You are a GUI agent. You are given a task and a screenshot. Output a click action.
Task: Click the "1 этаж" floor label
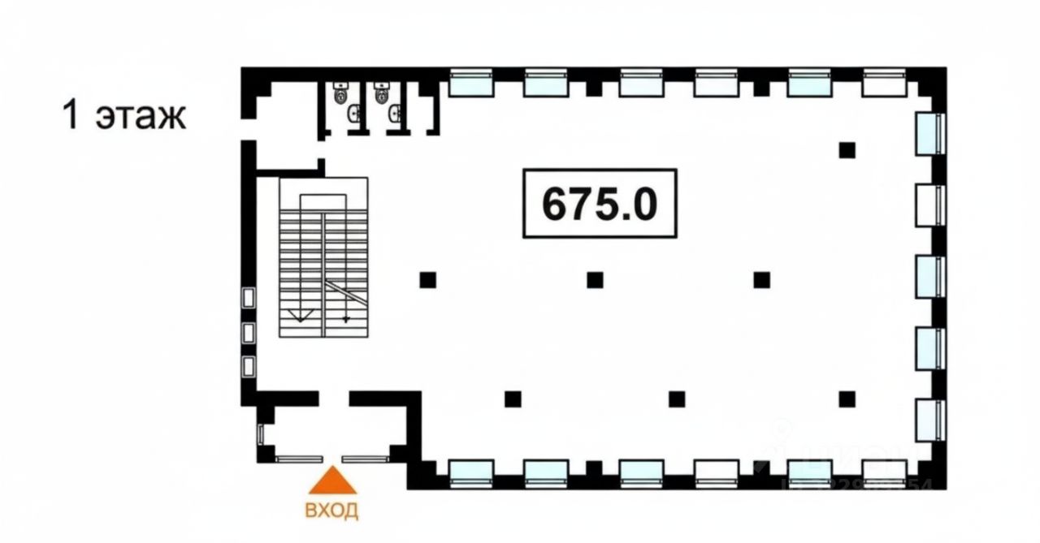click(124, 115)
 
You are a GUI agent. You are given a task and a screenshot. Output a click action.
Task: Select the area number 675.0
click(600, 204)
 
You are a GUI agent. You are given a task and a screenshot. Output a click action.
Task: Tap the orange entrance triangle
click(332, 481)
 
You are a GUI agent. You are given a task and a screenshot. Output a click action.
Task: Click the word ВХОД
click(331, 511)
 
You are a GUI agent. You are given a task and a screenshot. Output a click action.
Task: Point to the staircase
click(323, 257)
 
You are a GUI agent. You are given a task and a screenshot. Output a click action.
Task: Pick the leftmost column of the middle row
click(428, 280)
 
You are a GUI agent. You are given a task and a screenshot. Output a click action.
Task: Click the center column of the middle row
click(595, 280)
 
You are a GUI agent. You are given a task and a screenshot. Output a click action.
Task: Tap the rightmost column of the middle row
click(761, 280)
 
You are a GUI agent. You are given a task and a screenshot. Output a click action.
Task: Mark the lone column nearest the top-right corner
click(847, 149)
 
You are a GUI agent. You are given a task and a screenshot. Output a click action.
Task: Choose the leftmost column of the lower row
click(512, 399)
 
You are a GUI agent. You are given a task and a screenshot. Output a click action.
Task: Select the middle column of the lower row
click(677, 399)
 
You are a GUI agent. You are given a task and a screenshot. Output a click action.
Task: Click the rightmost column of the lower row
click(847, 399)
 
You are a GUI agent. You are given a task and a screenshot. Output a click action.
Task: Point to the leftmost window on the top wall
click(471, 82)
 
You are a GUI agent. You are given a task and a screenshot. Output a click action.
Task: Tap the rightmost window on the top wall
click(884, 82)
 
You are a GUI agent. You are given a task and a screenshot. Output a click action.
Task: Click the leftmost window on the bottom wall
click(471, 471)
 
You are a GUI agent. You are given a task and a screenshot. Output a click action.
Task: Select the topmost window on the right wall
click(929, 133)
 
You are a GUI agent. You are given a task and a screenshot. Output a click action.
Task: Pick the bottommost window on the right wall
click(929, 420)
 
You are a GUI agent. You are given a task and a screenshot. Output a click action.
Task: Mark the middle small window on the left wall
click(249, 332)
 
